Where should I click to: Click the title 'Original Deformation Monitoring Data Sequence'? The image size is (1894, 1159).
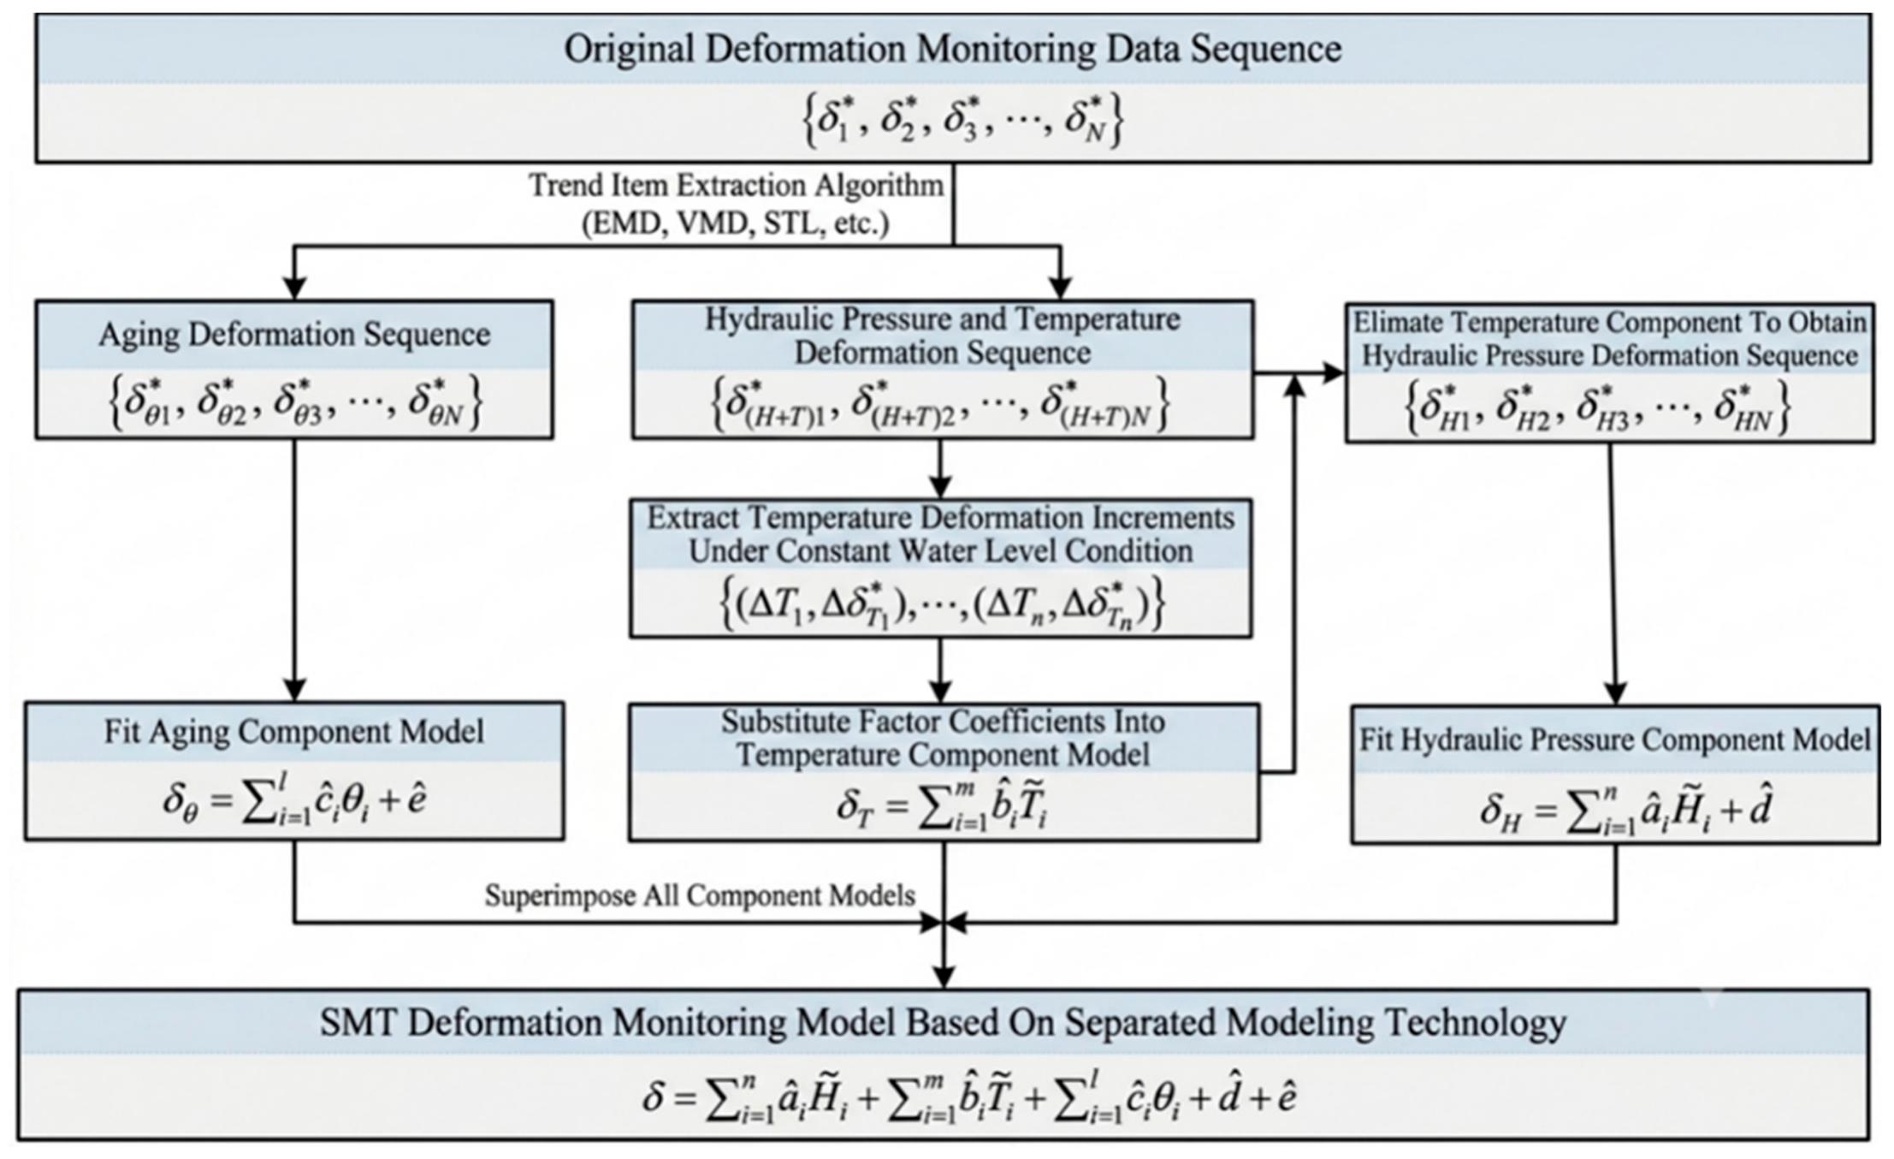coord(952,49)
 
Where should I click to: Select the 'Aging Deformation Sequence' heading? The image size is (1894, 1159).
coord(294,335)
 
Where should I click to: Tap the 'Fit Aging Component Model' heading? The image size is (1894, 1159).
coord(294,732)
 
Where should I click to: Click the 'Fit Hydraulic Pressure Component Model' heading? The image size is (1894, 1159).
coord(1615,740)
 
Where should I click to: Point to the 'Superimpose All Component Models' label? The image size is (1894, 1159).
coord(700,895)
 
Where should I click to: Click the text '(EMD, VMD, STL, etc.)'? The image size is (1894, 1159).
coord(736,223)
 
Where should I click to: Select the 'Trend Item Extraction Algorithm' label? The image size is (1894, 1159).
coord(736,185)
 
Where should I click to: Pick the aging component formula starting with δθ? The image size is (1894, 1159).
coord(294,803)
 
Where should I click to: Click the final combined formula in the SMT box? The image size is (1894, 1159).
coord(969,1098)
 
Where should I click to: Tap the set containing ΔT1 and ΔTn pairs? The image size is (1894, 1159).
coord(941,605)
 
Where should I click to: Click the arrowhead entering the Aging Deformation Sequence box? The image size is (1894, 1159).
coord(294,288)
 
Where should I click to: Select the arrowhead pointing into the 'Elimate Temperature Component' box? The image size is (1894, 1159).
coord(1333,373)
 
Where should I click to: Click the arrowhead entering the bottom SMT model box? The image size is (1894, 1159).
coord(943,977)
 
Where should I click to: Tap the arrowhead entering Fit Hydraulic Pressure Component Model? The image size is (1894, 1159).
coord(1615,692)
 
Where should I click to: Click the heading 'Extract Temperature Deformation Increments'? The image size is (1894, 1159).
coord(941,519)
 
